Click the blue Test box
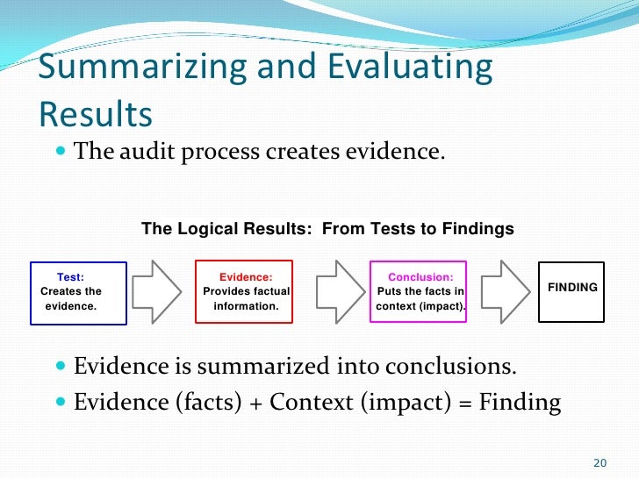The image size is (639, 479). pos(78,293)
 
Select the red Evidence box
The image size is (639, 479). pos(243,292)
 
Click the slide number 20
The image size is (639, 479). pos(600,463)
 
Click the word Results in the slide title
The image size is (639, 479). pos(96,113)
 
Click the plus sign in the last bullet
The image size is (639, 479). pos(255,403)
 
